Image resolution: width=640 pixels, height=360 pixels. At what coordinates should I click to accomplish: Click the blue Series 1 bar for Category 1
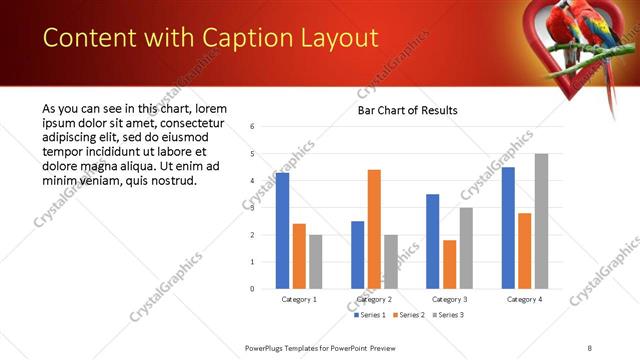(x=282, y=231)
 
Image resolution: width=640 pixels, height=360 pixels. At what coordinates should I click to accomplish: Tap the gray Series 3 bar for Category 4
(x=541, y=221)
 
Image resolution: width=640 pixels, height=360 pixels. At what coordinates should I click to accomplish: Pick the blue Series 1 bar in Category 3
(x=432, y=241)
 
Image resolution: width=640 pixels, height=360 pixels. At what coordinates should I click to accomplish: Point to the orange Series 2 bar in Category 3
(x=449, y=264)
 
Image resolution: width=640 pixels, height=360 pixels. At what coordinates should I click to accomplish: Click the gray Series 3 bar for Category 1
(x=316, y=262)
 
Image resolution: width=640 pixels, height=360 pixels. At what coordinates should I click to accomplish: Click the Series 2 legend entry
(x=410, y=315)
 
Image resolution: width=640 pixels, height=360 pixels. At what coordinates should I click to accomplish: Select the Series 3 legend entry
(x=449, y=315)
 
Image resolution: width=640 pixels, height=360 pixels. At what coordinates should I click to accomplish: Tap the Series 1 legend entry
(x=371, y=315)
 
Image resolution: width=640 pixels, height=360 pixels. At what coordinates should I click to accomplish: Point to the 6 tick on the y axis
(x=252, y=127)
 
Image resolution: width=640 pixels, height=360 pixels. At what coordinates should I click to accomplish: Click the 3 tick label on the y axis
(x=252, y=208)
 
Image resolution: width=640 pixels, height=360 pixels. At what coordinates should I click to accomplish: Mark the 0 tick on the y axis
(x=252, y=289)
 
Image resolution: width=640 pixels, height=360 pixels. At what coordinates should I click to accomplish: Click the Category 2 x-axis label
(x=375, y=299)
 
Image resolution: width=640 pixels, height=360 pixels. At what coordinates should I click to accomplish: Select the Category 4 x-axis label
(x=524, y=299)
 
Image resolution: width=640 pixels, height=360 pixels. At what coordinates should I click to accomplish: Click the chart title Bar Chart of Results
(x=407, y=110)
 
